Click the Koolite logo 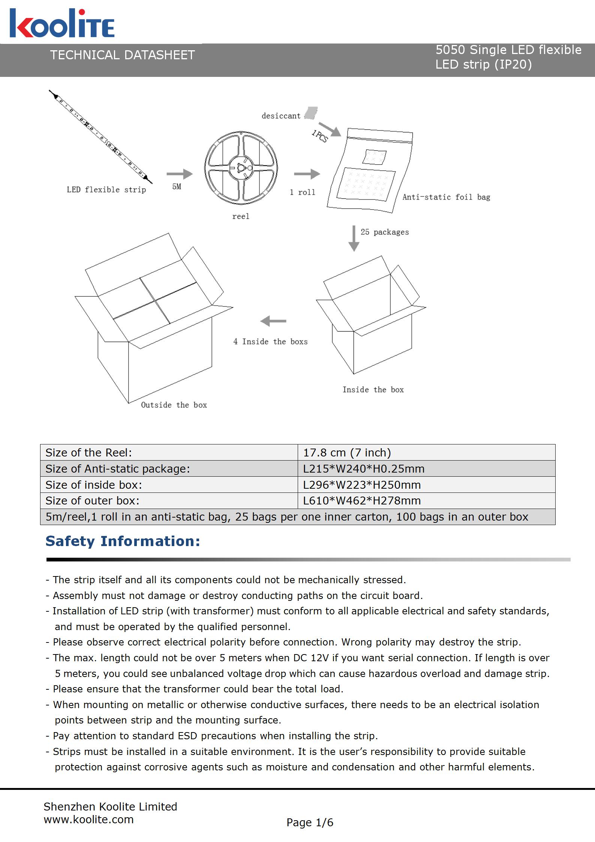tap(62, 23)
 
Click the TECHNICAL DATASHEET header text tap(123, 55)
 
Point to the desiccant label tap(281, 116)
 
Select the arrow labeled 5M tap(180, 174)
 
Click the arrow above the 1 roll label tap(307, 174)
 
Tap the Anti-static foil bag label tap(446, 197)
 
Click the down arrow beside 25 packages tap(354, 238)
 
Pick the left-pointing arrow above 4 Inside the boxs tap(273, 321)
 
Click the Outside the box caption tap(174, 405)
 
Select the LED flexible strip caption tap(106, 189)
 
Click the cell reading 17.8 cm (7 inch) tap(347, 453)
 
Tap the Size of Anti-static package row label tap(118, 469)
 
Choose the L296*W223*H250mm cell tap(362, 485)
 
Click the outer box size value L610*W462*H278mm tap(362, 501)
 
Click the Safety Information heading tap(123, 541)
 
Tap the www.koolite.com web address tap(89, 819)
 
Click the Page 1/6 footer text tap(310, 822)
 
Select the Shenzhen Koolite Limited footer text tap(110, 806)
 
